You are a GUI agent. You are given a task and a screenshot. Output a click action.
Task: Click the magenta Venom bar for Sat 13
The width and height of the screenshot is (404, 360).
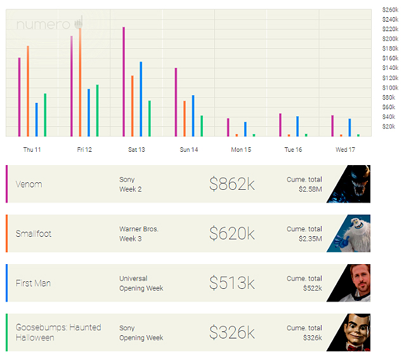click(x=124, y=82)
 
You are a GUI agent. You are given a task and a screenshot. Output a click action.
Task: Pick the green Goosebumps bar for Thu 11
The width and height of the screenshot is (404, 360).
click(x=45, y=115)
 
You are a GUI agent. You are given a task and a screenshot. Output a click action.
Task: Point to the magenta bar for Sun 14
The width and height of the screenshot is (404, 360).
click(x=176, y=102)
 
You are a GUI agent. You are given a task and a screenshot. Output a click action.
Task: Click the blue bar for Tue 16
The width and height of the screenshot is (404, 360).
click(x=297, y=126)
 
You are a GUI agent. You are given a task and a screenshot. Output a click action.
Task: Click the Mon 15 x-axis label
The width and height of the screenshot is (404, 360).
click(x=240, y=150)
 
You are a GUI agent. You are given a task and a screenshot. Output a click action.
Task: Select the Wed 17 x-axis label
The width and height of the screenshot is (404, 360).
click(x=345, y=150)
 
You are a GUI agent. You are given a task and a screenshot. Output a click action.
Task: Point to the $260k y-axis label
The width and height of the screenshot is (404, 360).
click(x=390, y=10)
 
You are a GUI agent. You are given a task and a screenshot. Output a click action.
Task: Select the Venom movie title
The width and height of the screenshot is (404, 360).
click(x=29, y=184)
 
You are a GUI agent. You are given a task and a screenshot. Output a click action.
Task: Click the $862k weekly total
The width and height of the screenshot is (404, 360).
click(x=231, y=184)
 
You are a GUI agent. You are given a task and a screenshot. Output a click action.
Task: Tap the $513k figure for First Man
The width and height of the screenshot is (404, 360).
click(x=231, y=283)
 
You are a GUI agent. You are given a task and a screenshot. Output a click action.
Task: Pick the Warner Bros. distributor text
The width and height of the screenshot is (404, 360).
click(x=139, y=229)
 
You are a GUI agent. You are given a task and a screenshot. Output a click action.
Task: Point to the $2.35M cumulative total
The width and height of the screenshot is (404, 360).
click(x=310, y=239)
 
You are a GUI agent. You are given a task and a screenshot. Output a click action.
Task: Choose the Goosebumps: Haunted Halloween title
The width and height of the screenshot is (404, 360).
click(x=58, y=333)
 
